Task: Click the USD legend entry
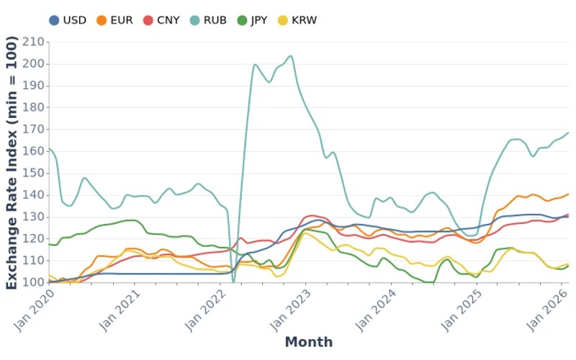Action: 68,20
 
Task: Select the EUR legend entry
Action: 114,20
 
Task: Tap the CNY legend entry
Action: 162,20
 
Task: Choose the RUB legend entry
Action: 209,20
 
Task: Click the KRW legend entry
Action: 298,20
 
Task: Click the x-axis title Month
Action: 309,342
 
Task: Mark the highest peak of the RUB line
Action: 290,55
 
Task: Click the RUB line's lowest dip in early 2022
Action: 233,282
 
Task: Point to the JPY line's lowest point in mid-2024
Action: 430,282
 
